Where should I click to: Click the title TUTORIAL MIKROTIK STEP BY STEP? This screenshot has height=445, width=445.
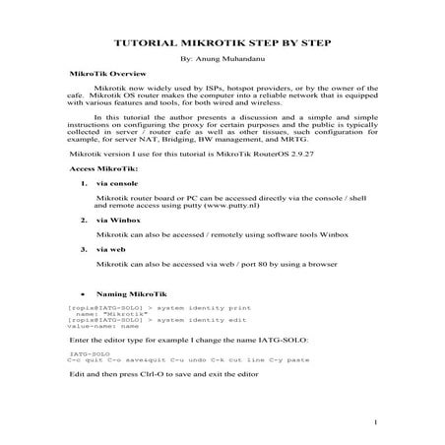[x=222, y=44]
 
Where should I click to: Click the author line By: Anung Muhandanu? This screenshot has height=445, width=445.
[x=222, y=61]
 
